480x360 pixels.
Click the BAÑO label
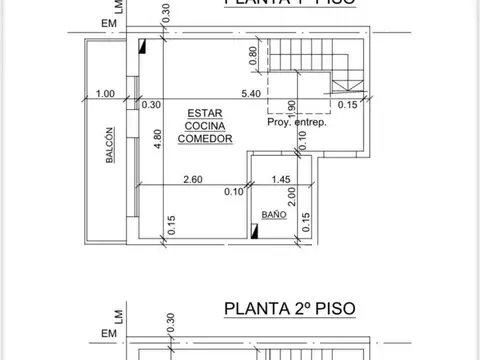pyautogui.click(x=273, y=215)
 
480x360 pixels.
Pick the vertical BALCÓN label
pyautogui.click(x=108, y=151)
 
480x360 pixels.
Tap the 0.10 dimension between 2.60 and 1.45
pyautogui.click(x=236, y=191)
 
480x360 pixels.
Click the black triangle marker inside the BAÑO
pyautogui.click(x=256, y=232)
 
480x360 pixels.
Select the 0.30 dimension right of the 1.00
pyautogui.click(x=152, y=104)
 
